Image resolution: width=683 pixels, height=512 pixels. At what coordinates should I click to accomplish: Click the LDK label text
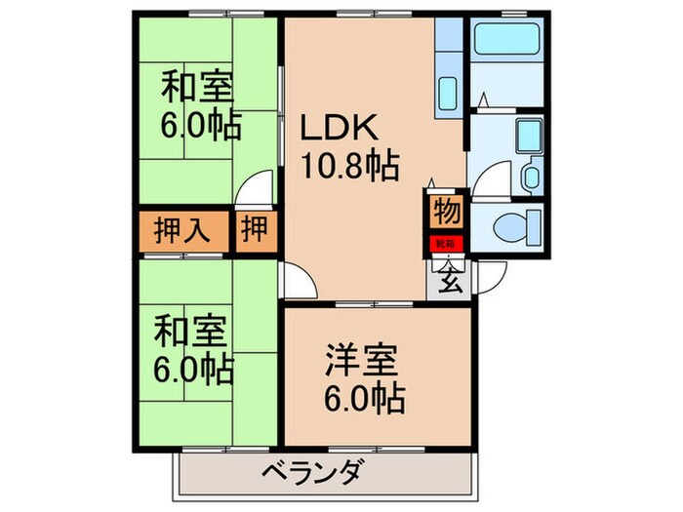338,131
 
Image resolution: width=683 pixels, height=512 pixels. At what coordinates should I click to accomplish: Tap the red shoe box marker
445,244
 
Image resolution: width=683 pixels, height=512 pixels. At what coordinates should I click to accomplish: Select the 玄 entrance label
450,281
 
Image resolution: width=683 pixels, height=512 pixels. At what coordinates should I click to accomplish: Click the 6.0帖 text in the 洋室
364,398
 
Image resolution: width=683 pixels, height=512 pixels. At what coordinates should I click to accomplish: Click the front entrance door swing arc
496,276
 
